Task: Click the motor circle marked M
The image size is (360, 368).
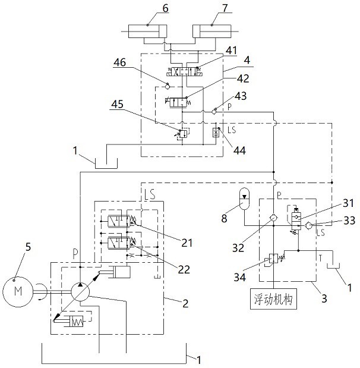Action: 18,292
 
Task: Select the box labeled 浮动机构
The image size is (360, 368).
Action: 273,299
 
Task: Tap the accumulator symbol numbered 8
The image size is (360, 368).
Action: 245,199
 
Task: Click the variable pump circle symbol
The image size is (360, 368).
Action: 80,292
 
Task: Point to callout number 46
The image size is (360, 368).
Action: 120,62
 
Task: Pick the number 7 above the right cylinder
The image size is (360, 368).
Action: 225,8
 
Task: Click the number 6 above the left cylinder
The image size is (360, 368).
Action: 165,8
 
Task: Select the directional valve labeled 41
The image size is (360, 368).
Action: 185,71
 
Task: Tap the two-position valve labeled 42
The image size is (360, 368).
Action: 178,102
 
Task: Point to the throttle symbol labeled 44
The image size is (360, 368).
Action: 216,133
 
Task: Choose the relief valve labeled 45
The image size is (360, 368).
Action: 183,134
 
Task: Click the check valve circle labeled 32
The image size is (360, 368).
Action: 274,218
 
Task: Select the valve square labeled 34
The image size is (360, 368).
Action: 273,259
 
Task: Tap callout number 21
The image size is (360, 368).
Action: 187,243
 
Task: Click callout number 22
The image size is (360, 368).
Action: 184,269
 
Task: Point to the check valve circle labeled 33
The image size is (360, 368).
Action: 308,225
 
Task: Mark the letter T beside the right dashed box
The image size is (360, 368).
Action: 320,258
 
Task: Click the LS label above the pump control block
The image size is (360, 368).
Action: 150,194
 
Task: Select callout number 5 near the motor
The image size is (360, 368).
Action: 28,247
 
